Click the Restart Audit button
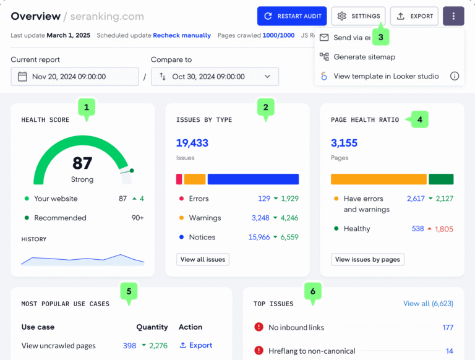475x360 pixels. [x=292, y=16]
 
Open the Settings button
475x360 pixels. [x=358, y=16]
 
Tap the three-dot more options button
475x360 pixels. [x=453, y=16]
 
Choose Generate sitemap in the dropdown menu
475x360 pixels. [x=364, y=57]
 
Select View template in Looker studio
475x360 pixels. [x=386, y=76]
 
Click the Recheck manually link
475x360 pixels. [x=182, y=35]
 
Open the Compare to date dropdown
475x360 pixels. [x=215, y=77]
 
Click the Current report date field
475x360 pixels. [x=75, y=77]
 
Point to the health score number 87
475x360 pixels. [x=82, y=163]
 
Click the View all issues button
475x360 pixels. [x=203, y=260]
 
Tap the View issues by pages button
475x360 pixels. [x=367, y=260]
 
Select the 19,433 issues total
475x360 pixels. [x=192, y=143]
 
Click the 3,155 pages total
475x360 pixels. [x=344, y=143]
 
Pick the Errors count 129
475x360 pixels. [x=264, y=199]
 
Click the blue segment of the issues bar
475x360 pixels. [x=253, y=179]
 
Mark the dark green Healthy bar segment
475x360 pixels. [x=441, y=179]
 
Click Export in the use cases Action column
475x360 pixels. [x=196, y=345]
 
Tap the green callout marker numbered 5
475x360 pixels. [x=129, y=291]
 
